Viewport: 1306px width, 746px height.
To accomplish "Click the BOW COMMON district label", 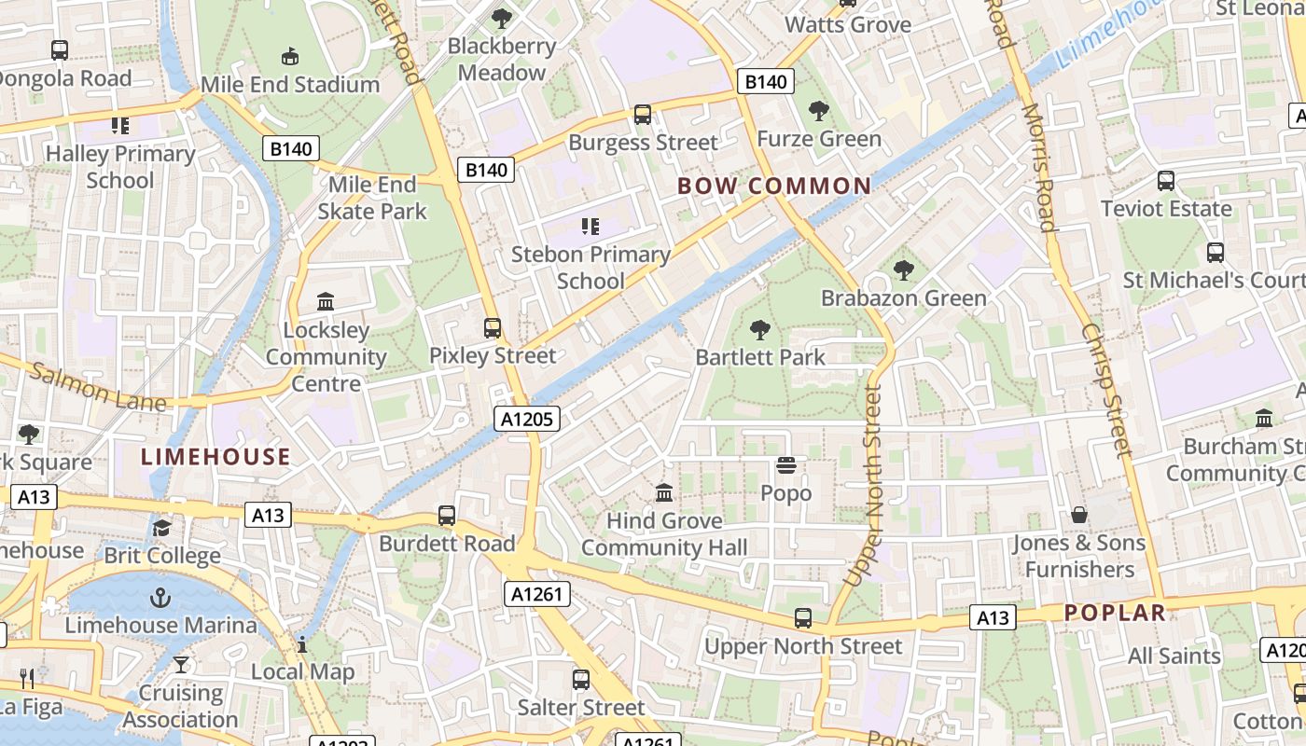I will pyautogui.click(x=774, y=186).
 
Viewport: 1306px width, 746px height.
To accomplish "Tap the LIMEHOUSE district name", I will pyautogui.click(x=215, y=456).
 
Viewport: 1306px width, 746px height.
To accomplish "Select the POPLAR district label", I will pyautogui.click(x=1116, y=613).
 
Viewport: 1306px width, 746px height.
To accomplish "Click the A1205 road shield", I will pyautogui.click(x=527, y=420).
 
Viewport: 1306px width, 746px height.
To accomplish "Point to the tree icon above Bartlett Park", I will pyautogui.click(x=760, y=329).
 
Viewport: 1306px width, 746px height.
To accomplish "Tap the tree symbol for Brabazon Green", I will pyautogui.click(x=903, y=270).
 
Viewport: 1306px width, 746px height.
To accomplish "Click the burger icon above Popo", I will pyautogui.click(x=786, y=465).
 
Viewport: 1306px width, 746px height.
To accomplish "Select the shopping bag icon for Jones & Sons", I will pyautogui.click(x=1079, y=515).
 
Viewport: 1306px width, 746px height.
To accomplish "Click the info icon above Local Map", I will pyautogui.click(x=302, y=643).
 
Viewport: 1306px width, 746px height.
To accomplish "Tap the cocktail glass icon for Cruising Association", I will pyautogui.click(x=181, y=665).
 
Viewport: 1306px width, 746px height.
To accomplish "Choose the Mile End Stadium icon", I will pyautogui.click(x=290, y=56).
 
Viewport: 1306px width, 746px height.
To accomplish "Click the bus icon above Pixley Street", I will pyautogui.click(x=493, y=328).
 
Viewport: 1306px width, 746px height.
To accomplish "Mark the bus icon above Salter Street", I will pyautogui.click(x=581, y=680).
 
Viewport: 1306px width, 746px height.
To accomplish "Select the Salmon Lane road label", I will pyautogui.click(x=97, y=388).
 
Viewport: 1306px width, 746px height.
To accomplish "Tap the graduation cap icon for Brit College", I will pyautogui.click(x=162, y=529).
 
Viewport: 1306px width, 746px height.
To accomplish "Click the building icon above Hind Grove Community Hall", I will pyautogui.click(x=664, y=492).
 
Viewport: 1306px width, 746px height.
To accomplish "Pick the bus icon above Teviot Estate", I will pyautogui.click(x=1166, y=181).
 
